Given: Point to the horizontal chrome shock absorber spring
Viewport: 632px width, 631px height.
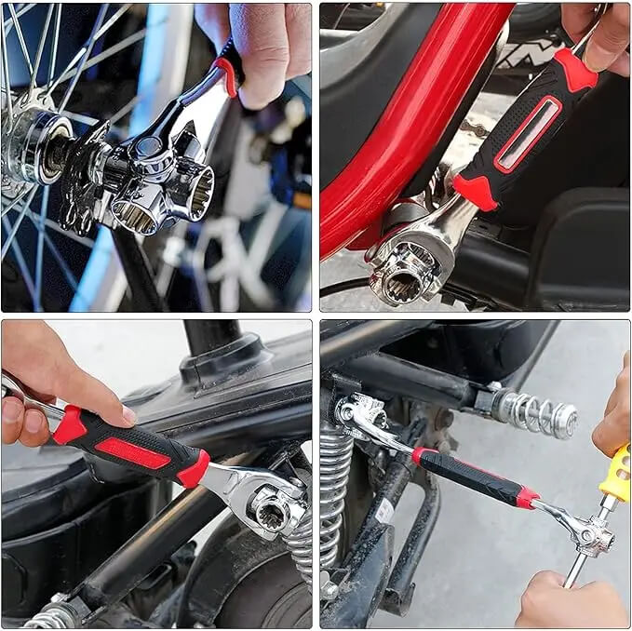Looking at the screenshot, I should (534, 411).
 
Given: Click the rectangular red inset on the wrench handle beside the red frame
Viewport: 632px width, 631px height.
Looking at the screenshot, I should (528, 134).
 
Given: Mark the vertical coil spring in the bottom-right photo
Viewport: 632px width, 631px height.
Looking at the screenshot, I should (335, 503).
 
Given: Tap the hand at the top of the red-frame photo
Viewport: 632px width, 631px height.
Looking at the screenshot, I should (600, 33).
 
